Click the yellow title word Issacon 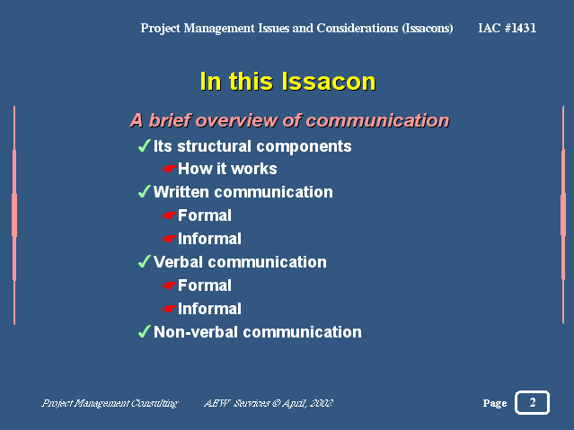click(329, 81)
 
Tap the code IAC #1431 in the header click(507, 28)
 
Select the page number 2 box click(532, 402)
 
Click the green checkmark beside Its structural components click(145, 145)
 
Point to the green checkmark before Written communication click(145, 191)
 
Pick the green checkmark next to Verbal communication click(145, 261)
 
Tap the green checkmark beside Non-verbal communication click(145, 331)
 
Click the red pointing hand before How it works click(170, 169)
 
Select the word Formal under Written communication click(205, 215)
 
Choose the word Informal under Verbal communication click(209, 309)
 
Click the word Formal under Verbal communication click(205, 285)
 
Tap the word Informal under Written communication click(209, 239)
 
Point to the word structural click(214, 146)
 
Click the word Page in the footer click(495, 403)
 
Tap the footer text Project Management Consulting click(110, 403)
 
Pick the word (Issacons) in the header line click(428, 28)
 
